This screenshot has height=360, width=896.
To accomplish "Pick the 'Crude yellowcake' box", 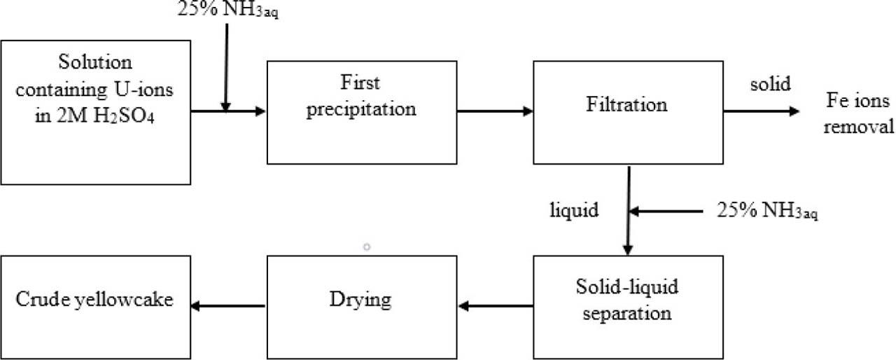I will pos(95,307).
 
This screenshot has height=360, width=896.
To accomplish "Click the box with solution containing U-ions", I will pos(95,112).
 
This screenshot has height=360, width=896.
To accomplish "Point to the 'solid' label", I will pos(770,84).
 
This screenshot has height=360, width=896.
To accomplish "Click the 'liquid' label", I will pos(573,210).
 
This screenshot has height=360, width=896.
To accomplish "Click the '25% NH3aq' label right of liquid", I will pos(767,210).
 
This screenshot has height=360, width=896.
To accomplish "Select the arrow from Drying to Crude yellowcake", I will pos(229,305).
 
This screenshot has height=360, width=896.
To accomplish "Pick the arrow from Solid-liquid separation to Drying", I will pos(495,305).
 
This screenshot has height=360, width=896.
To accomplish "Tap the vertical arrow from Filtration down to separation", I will pos(628,210).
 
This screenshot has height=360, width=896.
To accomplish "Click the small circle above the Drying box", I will pos(366,247).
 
